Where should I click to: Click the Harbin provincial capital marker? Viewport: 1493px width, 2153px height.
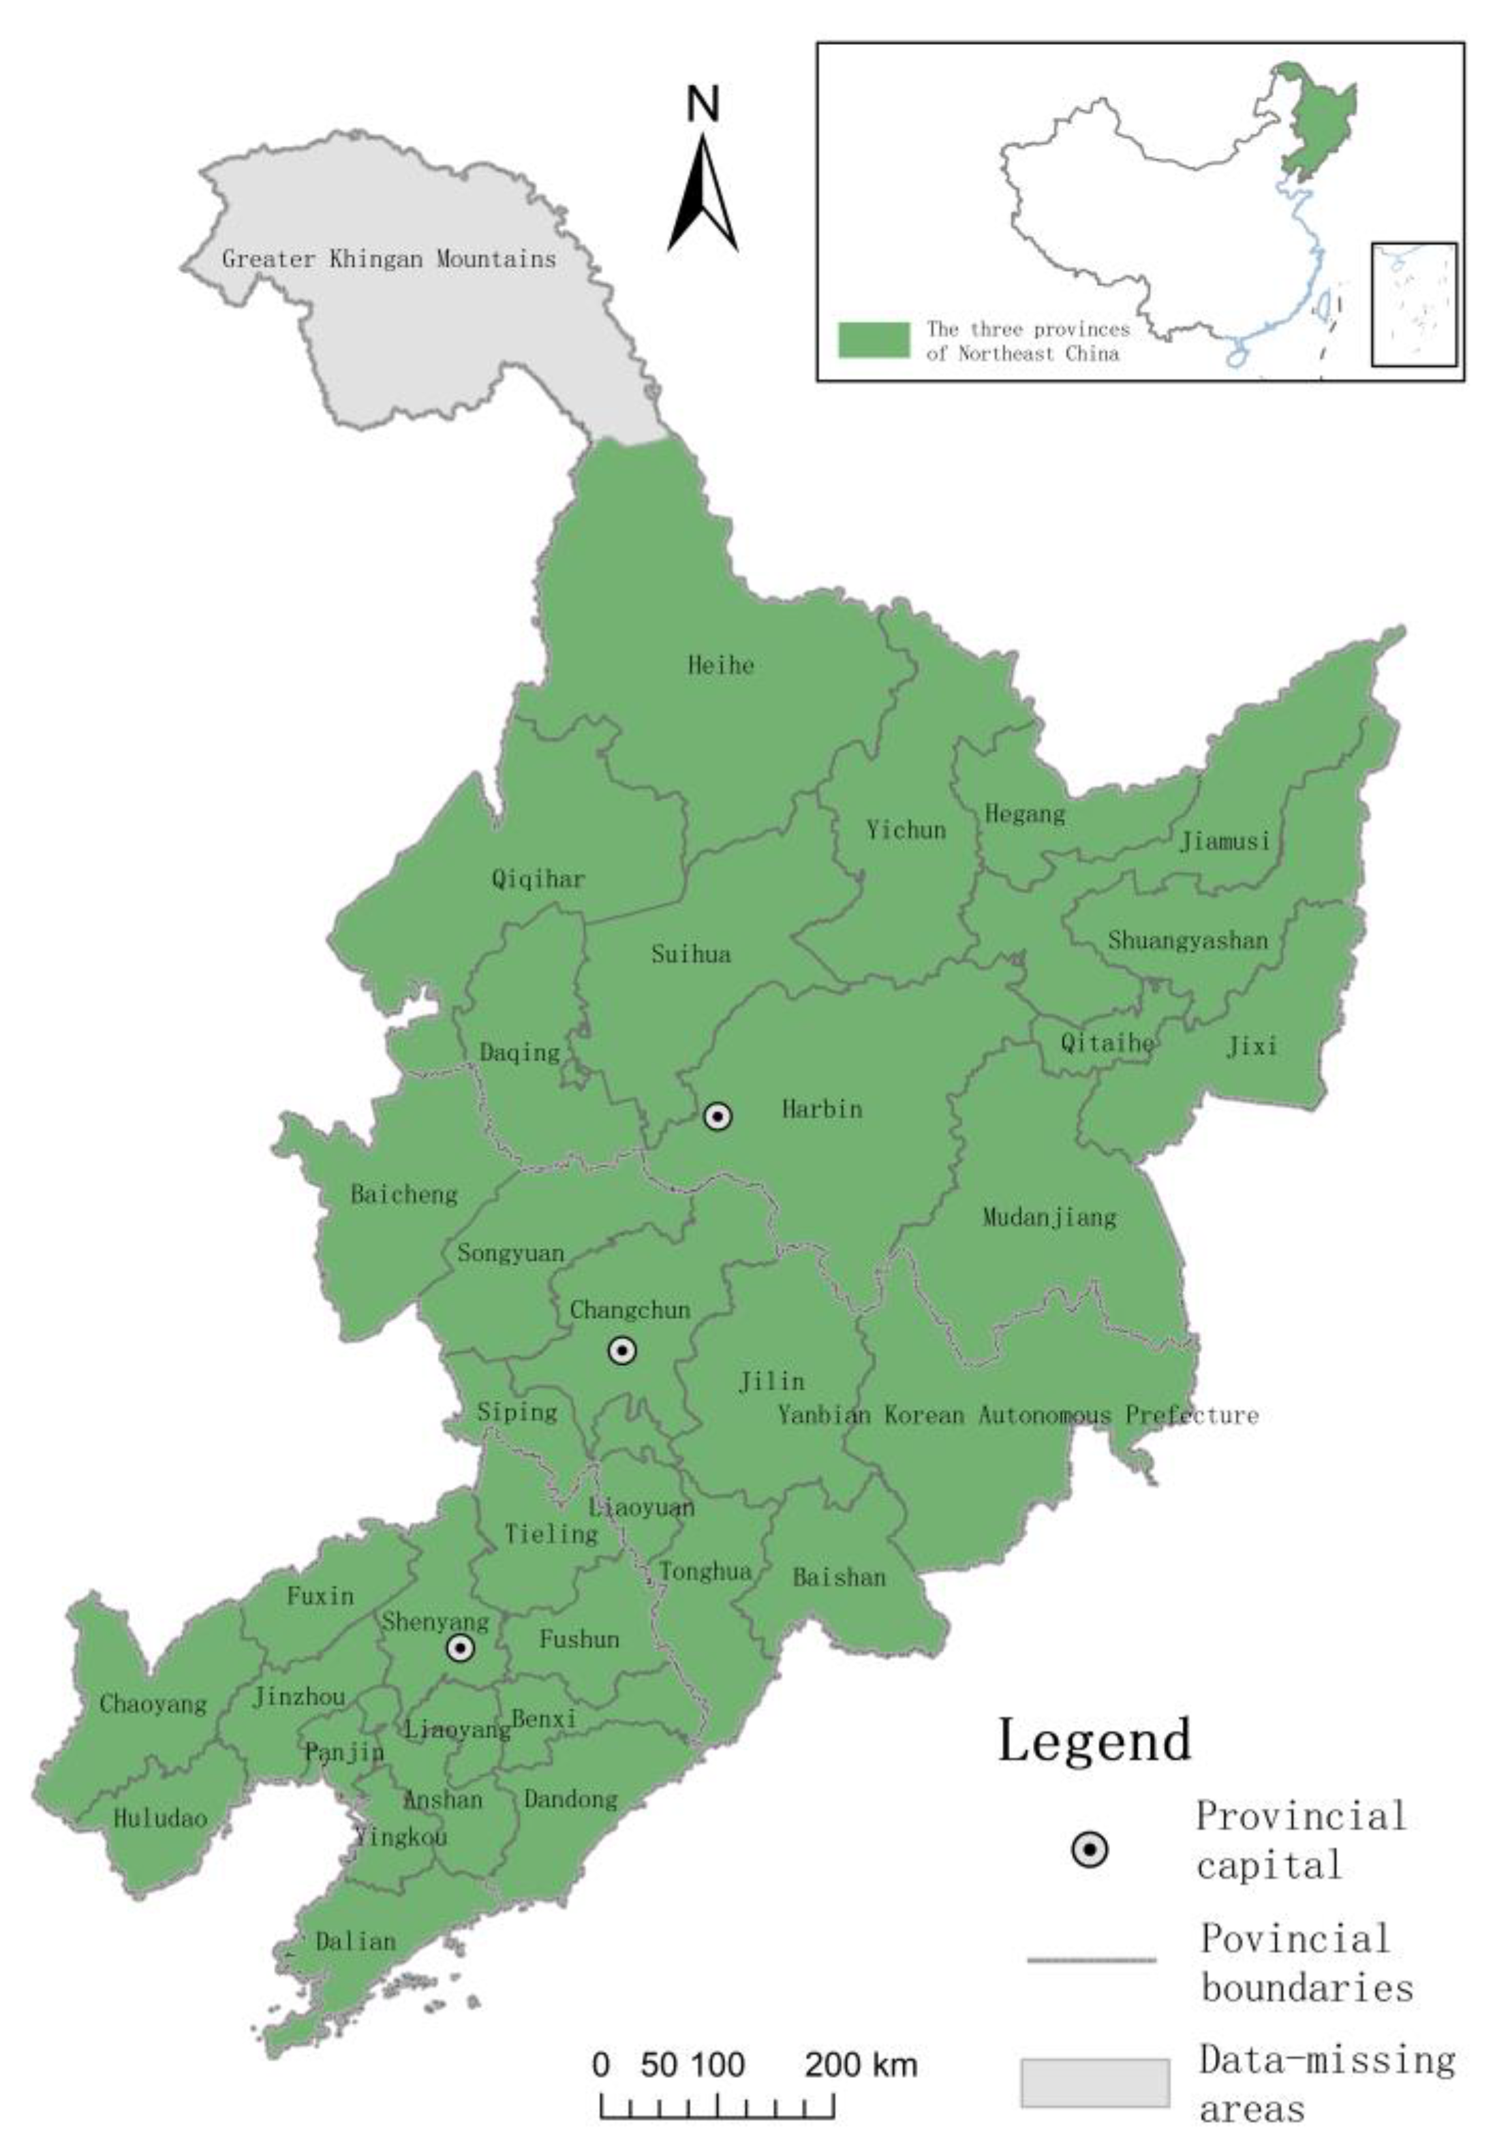click(x=718, y=1116)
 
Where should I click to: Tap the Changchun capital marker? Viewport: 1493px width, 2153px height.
click(x=622, y=1350)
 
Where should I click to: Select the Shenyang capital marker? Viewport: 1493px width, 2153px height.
click(x=460, y=1648)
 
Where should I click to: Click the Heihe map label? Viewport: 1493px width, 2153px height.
click(x=720, y=666)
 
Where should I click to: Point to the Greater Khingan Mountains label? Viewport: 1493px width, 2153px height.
click(x=388, y=259)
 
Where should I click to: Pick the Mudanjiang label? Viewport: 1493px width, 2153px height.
click(x=1049, y=1217)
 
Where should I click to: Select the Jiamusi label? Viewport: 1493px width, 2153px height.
click(x=1225, y=841)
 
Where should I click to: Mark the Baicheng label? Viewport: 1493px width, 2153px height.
click(x=404, y=1194)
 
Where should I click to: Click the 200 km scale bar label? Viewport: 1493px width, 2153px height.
click(x=861, y=2064)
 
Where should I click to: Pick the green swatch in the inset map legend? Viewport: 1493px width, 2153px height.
click(x=873, y=339)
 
